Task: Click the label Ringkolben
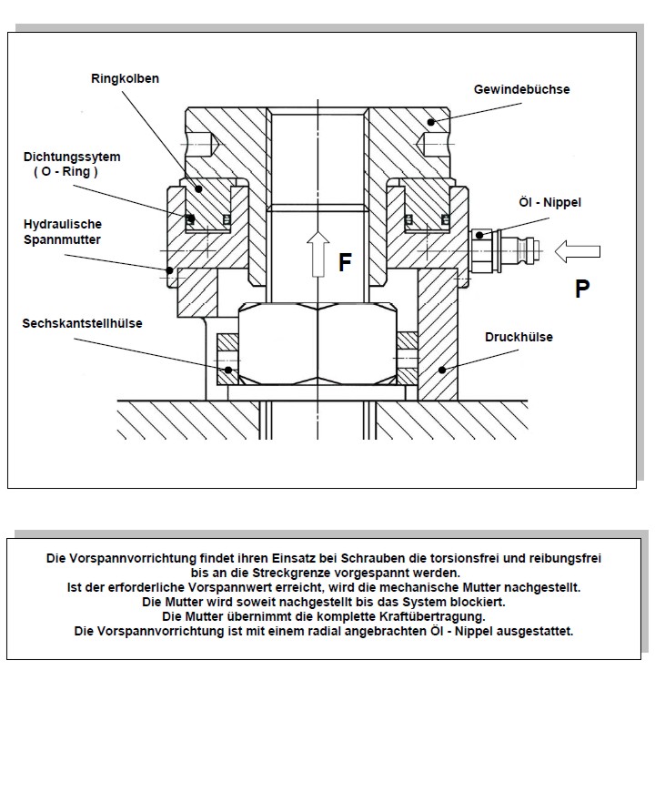[x=125, y=79]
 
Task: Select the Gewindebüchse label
[x=521, y=90]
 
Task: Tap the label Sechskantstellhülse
[x=83, y=323]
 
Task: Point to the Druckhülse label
[x=519, y=338]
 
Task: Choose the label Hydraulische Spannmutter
[x=62, y=231]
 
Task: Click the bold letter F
[x=345, y=263]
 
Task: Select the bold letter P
[x=582, y=289]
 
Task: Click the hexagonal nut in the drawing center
[x=317, y=347]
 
